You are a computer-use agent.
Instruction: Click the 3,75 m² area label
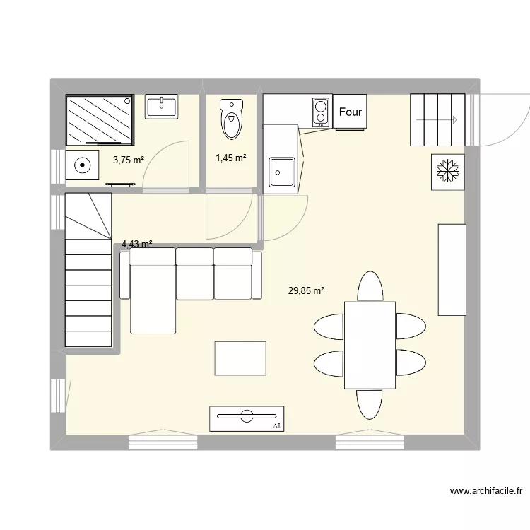[x=129, y=160]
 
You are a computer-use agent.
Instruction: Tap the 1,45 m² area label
[x=231, y=158]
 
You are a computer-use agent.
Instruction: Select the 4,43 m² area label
[x=137, y=245]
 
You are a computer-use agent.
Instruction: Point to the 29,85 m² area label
[x=306, y=290]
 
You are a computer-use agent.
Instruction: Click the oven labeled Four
[x=351, y=112]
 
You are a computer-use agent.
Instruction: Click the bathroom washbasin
[x=163, y=107]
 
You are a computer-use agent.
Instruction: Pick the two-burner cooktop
[x=320, y=111]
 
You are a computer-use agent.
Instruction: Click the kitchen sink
[x=283, y=170]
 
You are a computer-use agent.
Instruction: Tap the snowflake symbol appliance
[x=447, y=171]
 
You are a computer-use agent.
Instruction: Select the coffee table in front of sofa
[x=241, y=358]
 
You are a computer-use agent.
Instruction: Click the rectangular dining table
[x=370, y=345]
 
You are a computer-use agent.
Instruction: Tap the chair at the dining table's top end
[x=370, y=287]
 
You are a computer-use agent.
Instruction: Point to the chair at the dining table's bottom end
[x=370, y=404]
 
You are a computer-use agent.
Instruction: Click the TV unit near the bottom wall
[x=247, y=418]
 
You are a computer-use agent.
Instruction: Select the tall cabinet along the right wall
[x=452, y=269]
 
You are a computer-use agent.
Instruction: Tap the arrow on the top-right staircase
[x=439, y=120]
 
